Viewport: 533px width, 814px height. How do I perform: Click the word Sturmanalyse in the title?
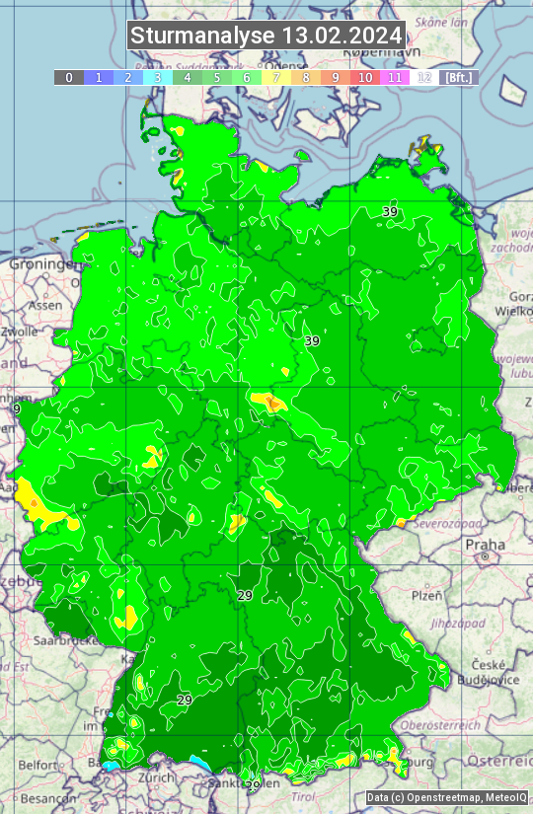pyautogui.click(x=202, y=36)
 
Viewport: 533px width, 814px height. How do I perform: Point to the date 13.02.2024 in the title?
pyautogui.click(x=342, y=36)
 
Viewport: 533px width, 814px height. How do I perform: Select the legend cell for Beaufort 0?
pyautogui.click(x=69, y=77)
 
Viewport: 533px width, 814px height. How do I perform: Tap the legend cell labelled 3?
pyautogui.click(x=158, y=77)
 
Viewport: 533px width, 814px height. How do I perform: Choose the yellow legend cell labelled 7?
pyautogui.click(x=276, y=77)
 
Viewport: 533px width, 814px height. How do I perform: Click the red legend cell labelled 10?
pyautogui.click(x=365, y=77)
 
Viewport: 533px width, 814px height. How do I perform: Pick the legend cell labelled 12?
pyautogui.click(x=424, y=77)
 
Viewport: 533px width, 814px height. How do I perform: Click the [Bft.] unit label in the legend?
pyautogui.click(x=459, y=77)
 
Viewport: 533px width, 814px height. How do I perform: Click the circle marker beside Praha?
pyautogui.click(x=486, y=557)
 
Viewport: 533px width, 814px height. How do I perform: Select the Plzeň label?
pyautogui.click(x=426, y=596)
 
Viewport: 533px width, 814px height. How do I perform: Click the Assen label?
pyautogui.click(x=43, y=306)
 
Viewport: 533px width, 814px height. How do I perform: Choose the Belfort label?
pyautogui.click(x=38, y=765)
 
